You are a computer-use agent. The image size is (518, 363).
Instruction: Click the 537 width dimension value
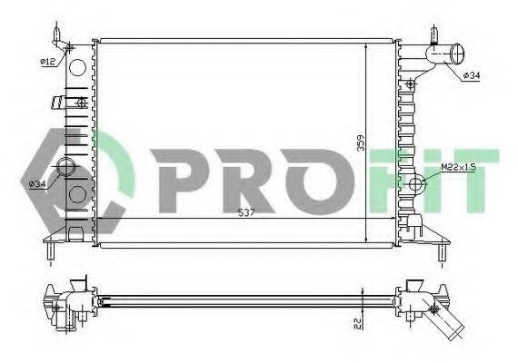[x=246, y=213]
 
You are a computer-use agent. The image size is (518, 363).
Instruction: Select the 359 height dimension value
[x=361, y=142]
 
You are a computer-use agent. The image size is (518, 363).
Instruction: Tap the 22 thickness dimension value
[x=358, y=323]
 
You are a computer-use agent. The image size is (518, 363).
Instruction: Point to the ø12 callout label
[x=48, y=62]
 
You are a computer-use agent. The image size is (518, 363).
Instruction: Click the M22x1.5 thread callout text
[x=458, y=167]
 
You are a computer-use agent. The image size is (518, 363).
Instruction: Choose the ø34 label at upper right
[x=471, y=75]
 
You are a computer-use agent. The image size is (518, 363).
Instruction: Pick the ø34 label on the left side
[x=37, y=184]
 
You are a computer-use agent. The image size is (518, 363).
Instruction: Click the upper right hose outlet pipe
[x=445, y=54]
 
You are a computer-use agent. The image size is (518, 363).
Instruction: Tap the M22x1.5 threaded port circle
[x=414, y=183]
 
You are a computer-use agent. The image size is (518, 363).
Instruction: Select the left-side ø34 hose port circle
[x=65, y=167]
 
